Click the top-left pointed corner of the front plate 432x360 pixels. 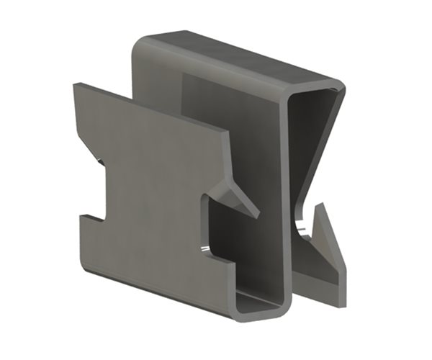click(74, 86)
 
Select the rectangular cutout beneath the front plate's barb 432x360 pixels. click(220, 230)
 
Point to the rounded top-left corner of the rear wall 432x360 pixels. click(138, 42)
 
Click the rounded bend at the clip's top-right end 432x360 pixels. click(338, 90)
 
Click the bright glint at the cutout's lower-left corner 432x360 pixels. click(204, 249)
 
